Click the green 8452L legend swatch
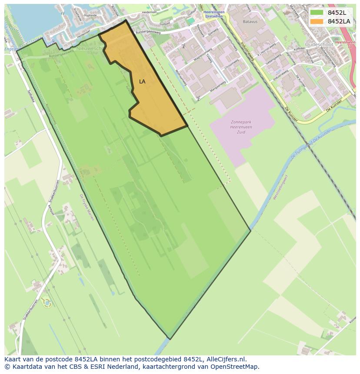pyautogui.click(x=317, y=12)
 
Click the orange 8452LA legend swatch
pyautogui.click(x=317, y=21)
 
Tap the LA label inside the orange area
pyautogui.click(x=142, y=82)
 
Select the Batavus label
pyautogui.click(x=238, y=21)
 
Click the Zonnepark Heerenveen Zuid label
pyautogui.click(x=242, y=127)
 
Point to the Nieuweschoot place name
pyautogui.click(x=90, y=49)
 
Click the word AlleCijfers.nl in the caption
pyautogui.click(x=227, y=359)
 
